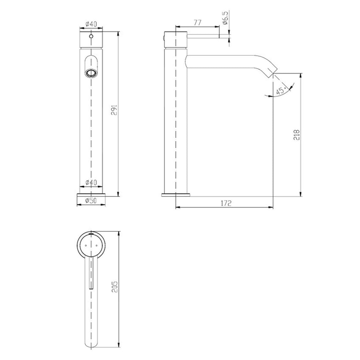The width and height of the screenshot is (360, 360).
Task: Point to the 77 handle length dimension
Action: (197, 23)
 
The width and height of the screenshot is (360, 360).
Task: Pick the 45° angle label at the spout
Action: (281, 90)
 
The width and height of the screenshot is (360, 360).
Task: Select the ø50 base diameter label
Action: (91, 201)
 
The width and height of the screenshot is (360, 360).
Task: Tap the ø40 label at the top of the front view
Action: (91, 24)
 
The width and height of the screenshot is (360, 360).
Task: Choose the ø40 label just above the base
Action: (91, 183)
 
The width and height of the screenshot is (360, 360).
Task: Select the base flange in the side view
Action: (176, 194)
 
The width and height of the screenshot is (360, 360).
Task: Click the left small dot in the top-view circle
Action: (86, 245)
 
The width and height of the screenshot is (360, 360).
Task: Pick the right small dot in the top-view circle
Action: (97, 245)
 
